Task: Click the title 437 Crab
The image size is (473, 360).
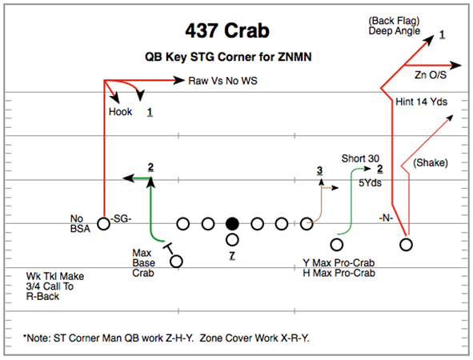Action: (x=227, y=30)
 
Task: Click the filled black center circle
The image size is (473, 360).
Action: (x=232, y=224)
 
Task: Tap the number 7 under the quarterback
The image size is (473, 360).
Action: (x=231, y=256)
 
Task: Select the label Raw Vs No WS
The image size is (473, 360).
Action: (x=222, y=81)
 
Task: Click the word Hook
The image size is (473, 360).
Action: (x=120, y=112)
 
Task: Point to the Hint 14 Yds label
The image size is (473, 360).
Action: (x=421, y=102)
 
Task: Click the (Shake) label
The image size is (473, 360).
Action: (x=431, y=163)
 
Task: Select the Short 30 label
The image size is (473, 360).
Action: (x=360, y=158)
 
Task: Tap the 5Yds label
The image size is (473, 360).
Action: (x=370, y=182)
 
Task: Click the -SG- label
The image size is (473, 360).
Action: (x=121, y=218)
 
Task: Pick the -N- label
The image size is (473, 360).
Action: (x=386, y=218)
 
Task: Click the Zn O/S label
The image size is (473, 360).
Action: (x=430, y=74)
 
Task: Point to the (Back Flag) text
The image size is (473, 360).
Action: (x=394, y=21)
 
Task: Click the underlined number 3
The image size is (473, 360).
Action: (x=320, y=170)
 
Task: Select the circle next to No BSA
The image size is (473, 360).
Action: (x=103, y=224)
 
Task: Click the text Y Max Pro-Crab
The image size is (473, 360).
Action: (x=339, y=263)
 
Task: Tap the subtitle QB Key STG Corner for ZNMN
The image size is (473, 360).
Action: (x=228, y=57)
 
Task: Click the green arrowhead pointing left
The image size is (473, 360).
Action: (x=128, y=178)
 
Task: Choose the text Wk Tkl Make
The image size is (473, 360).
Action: (x=55, y=276)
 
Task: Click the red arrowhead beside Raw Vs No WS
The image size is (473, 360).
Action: (x=179, y=80)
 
